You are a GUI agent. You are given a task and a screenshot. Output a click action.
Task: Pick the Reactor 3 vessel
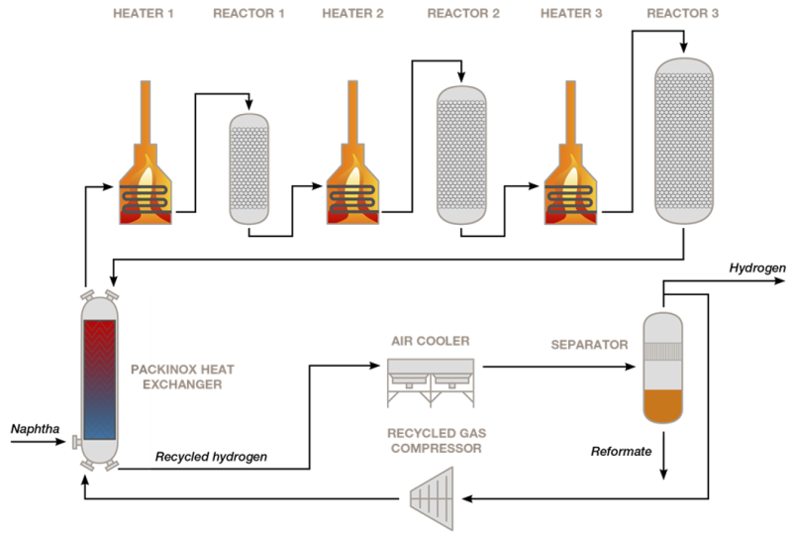point(684,139)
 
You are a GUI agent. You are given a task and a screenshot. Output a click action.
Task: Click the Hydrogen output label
point(757,268)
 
